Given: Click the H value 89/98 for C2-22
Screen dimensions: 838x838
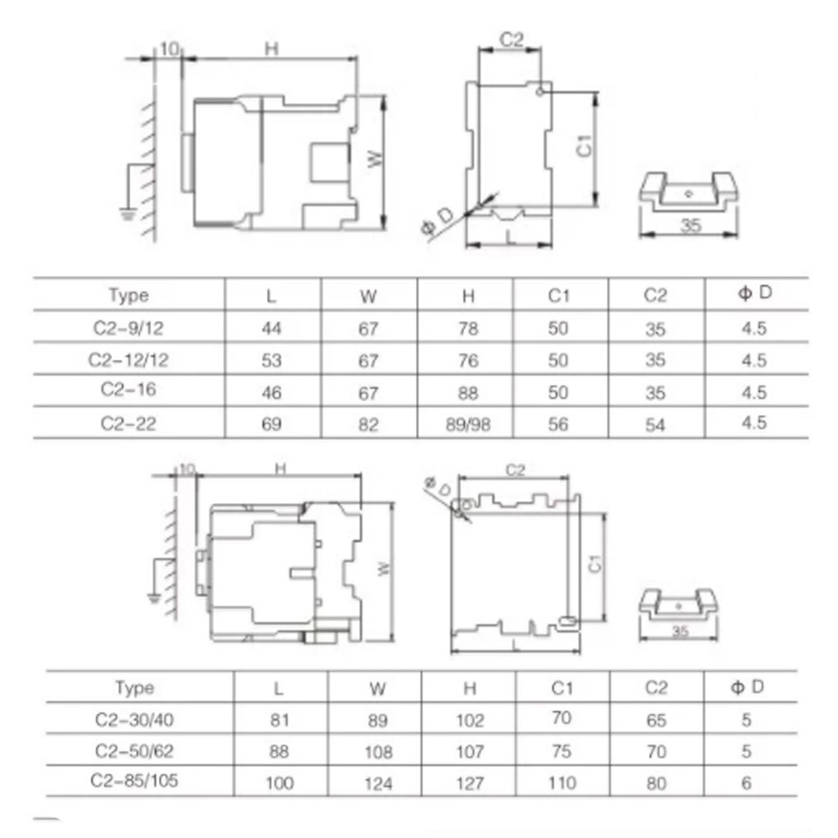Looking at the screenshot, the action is (x=467, y=425).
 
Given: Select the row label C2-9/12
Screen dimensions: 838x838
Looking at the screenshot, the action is (x=128, y=327).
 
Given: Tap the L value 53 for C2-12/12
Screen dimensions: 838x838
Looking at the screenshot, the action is (x=272, y=360).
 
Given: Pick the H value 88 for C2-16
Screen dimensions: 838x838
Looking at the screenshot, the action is (x=467, y=393).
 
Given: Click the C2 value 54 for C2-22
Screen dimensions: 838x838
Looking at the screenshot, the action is (x=656, y=425).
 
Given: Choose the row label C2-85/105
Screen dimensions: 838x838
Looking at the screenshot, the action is (x=134, y=780).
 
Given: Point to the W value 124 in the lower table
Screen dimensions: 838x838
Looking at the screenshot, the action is (x=378, y=783).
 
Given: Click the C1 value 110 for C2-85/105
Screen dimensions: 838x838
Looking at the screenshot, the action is (x=562, y=783).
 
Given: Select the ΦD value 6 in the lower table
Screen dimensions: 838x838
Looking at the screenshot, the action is (x=746, y=783).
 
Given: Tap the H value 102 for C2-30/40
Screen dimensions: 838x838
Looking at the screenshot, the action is (x=470, y=720).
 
